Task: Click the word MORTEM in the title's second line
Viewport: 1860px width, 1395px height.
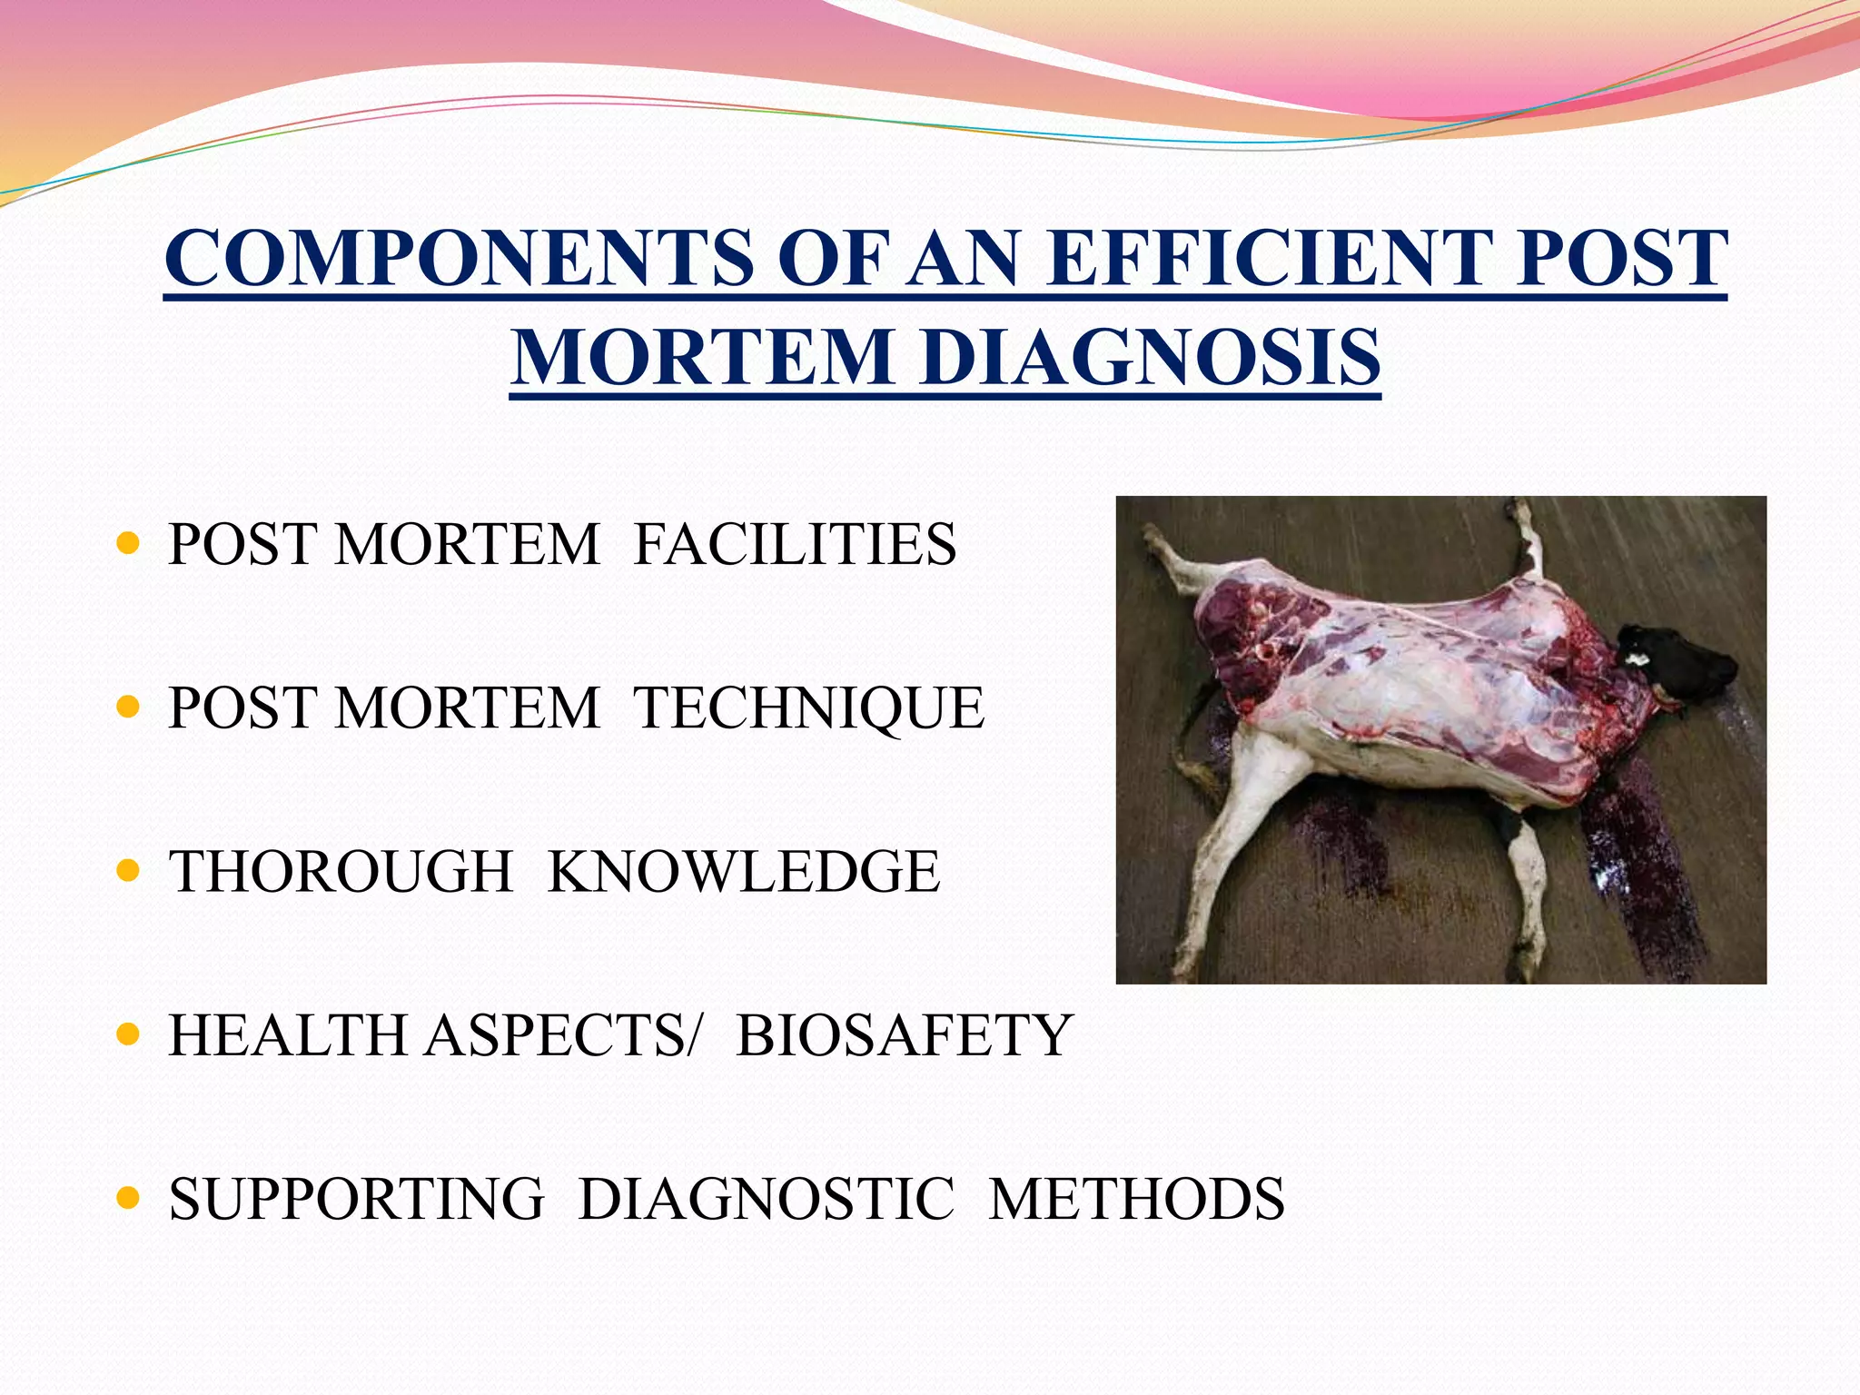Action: coord(703,357)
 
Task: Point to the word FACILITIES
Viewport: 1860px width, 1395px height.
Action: coord(795,545)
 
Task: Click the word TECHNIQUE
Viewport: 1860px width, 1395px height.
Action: coord(808,708)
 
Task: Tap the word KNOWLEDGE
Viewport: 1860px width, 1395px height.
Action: coord(744,872)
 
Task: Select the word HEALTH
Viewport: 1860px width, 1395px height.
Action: coord(288,1035)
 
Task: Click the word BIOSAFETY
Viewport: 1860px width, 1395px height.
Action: coord(905,1035)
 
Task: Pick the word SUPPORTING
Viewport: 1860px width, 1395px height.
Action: coord(357,1199)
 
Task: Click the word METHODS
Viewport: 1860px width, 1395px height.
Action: coord(1137,1199)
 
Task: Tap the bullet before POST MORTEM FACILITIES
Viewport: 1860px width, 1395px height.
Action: coord(129,544)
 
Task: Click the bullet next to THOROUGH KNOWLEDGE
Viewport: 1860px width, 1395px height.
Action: coord(129,872)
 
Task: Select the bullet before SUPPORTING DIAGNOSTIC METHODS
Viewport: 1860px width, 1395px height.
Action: coord(129,1199)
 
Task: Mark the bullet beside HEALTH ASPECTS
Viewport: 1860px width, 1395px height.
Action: coord(129,1034)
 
